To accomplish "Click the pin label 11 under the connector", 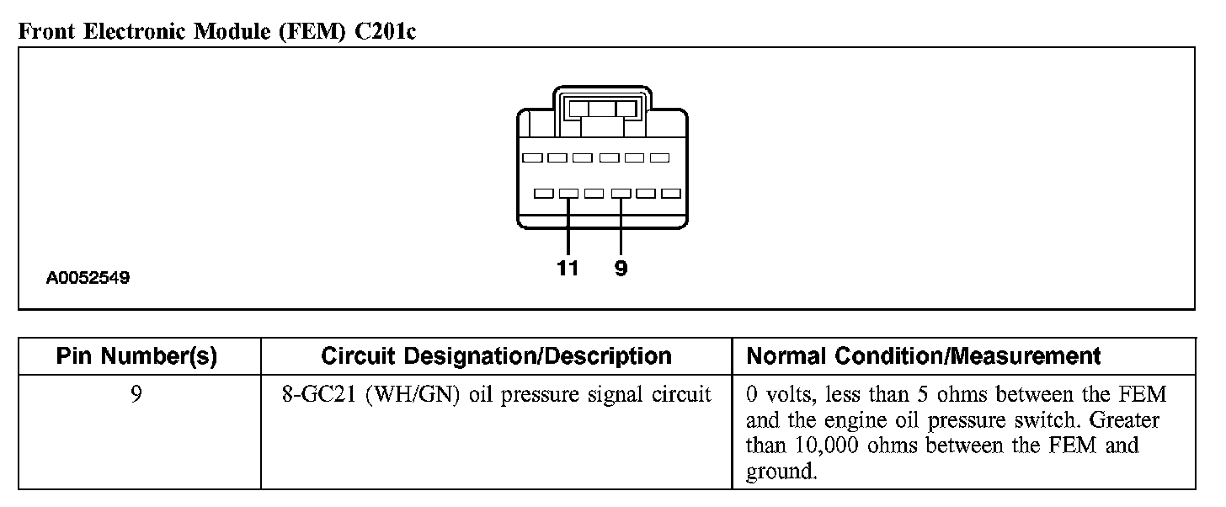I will tap(568, 269).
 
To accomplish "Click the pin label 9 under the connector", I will tap(621, 269).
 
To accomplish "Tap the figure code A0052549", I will tap(88, 277).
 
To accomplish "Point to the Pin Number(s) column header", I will tap(136, 356).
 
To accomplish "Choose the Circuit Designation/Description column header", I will tap(496, 356).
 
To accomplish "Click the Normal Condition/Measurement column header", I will tap(924, 356).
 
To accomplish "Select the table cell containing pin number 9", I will tap(136, 395).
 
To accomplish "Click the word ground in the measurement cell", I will tap(781, 472).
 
